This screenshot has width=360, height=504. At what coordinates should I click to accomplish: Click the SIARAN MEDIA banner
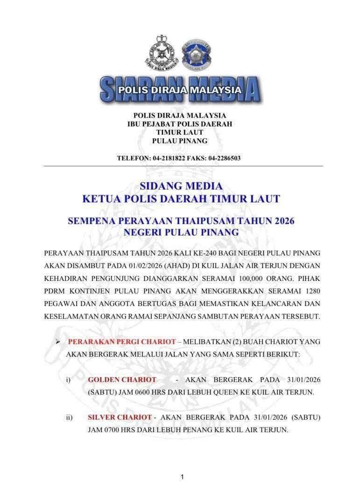180,89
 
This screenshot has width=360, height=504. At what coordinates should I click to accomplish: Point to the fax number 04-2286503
223,158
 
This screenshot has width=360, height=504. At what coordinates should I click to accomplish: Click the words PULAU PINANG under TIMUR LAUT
180,141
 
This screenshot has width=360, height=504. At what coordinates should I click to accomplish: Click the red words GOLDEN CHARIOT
122,380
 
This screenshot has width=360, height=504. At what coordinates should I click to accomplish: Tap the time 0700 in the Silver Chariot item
109,429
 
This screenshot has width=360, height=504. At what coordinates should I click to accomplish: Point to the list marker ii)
70,417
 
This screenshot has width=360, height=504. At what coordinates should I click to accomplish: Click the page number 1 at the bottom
182,477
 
